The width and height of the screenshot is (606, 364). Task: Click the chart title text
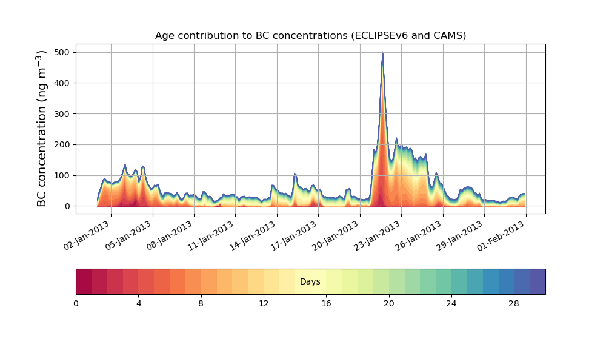[x=310, y=35]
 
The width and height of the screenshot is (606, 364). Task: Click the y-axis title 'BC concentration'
[x=42, y=129]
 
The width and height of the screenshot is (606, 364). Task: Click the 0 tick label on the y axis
[x=68, y=206]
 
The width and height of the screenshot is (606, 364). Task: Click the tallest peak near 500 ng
[x=382, y=53]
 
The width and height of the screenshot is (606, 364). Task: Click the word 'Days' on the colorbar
[x=310, y=282]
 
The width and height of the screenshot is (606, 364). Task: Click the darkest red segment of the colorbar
[x=84, y=281]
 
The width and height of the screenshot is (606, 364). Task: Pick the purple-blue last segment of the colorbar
[x=538, y=281]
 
